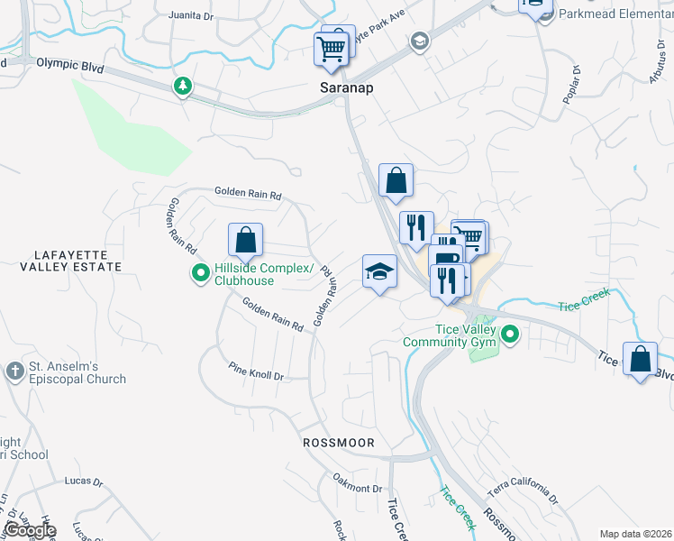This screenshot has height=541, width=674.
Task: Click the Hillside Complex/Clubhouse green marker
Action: pos(200,272)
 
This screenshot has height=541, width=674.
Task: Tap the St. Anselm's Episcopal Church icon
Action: pos(14,371)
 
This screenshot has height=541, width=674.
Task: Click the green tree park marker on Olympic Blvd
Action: pos(183,86)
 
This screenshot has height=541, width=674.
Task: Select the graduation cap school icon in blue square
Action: pos(379,270)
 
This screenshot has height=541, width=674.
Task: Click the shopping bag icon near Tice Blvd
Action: pos(640,359)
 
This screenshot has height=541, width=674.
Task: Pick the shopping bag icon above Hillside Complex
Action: pos(245,240)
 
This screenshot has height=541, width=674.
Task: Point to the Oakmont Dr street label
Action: pos(358,482)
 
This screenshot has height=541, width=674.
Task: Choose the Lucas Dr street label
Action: pos(84,481)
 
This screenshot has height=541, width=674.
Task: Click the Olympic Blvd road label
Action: pos(69,65)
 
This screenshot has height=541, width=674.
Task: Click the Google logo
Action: pos(30,529)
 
